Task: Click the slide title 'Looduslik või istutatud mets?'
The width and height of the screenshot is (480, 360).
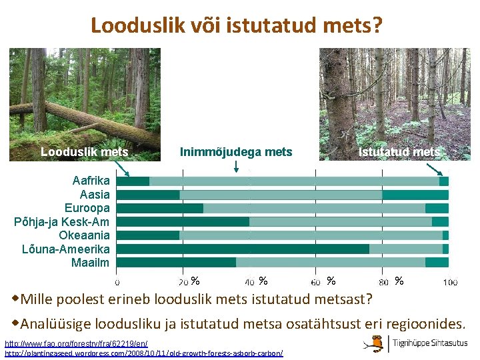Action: [237, 25]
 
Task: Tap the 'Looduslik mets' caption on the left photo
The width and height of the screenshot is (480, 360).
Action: [84, 152]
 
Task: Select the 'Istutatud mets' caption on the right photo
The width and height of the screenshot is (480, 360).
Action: [399, 152]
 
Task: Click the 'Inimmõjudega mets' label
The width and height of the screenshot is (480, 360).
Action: [236, 152]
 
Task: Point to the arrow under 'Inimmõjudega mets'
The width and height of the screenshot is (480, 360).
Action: [237, 167]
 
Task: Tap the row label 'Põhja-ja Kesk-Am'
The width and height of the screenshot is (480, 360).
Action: [62, 221]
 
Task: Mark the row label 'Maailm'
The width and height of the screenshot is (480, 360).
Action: [90, 262]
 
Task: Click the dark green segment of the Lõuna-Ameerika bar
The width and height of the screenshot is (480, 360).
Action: [243, 249]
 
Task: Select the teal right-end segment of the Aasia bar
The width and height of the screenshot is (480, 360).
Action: [415, 195]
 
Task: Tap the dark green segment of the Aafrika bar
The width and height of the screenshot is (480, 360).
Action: [133, 181]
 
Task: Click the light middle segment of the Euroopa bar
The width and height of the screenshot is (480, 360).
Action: [314, 208]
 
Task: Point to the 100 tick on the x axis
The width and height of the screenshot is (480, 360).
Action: [450, 283]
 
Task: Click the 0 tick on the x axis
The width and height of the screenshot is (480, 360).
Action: [118, 283]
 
